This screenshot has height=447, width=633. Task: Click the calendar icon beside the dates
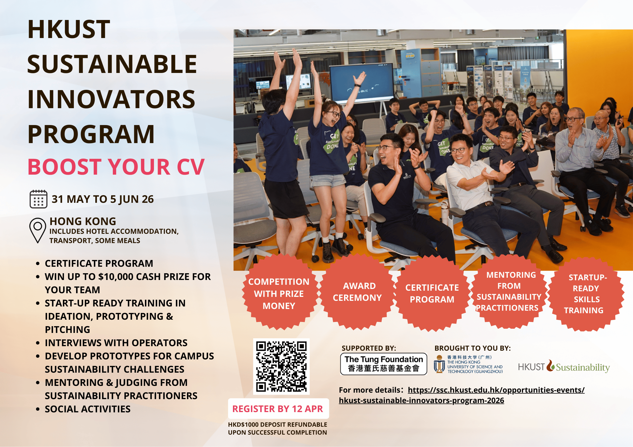click(38, 199)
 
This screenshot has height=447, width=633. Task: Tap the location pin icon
click(38, 230)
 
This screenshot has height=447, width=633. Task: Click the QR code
click(281, 366)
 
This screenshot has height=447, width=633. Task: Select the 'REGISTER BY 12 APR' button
click(278, 409)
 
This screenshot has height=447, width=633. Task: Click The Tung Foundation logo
click(383, 364)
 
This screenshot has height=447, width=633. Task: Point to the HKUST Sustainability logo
click(564, 367)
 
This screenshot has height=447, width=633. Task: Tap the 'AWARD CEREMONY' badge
click(357, 292)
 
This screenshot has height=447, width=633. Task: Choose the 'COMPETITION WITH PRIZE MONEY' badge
click(279, 293)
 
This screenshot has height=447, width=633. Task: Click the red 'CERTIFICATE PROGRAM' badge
click(432, 293)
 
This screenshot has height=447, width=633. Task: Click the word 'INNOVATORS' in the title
click(111, 99)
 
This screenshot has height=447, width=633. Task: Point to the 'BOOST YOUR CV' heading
click(116, 167)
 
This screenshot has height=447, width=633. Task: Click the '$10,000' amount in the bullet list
click(116, 277)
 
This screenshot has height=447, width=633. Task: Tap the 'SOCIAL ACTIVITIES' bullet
click(87, 409)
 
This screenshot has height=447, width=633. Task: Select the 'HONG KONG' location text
click(83, 221)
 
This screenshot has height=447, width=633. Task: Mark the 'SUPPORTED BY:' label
click(369, 348)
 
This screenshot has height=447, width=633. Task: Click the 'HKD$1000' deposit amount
click(243, 424)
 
